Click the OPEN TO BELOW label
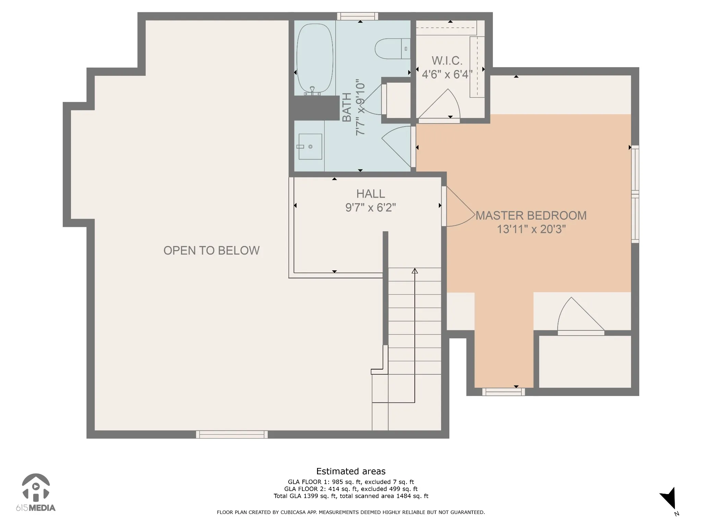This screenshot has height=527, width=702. pos(211,250)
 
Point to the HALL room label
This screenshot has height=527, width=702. pos(371,194)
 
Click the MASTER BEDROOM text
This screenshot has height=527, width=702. pos(531,215)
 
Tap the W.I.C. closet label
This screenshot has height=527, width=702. pos(447,61)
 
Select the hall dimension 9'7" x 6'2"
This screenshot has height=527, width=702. pos(371,208)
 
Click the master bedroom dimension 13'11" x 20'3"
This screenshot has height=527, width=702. pos(531,229)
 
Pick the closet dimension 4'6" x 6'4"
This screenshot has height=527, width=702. pos(447,74)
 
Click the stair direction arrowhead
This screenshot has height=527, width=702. pos(415,271)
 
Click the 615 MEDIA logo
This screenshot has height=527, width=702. pos(36,492)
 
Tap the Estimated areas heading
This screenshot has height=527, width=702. pos(351,471)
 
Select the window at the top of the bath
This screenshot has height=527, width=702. pos(358,16)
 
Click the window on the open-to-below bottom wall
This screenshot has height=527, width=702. pos(232,434)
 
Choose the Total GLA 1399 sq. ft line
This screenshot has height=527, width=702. pos(351,496)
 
